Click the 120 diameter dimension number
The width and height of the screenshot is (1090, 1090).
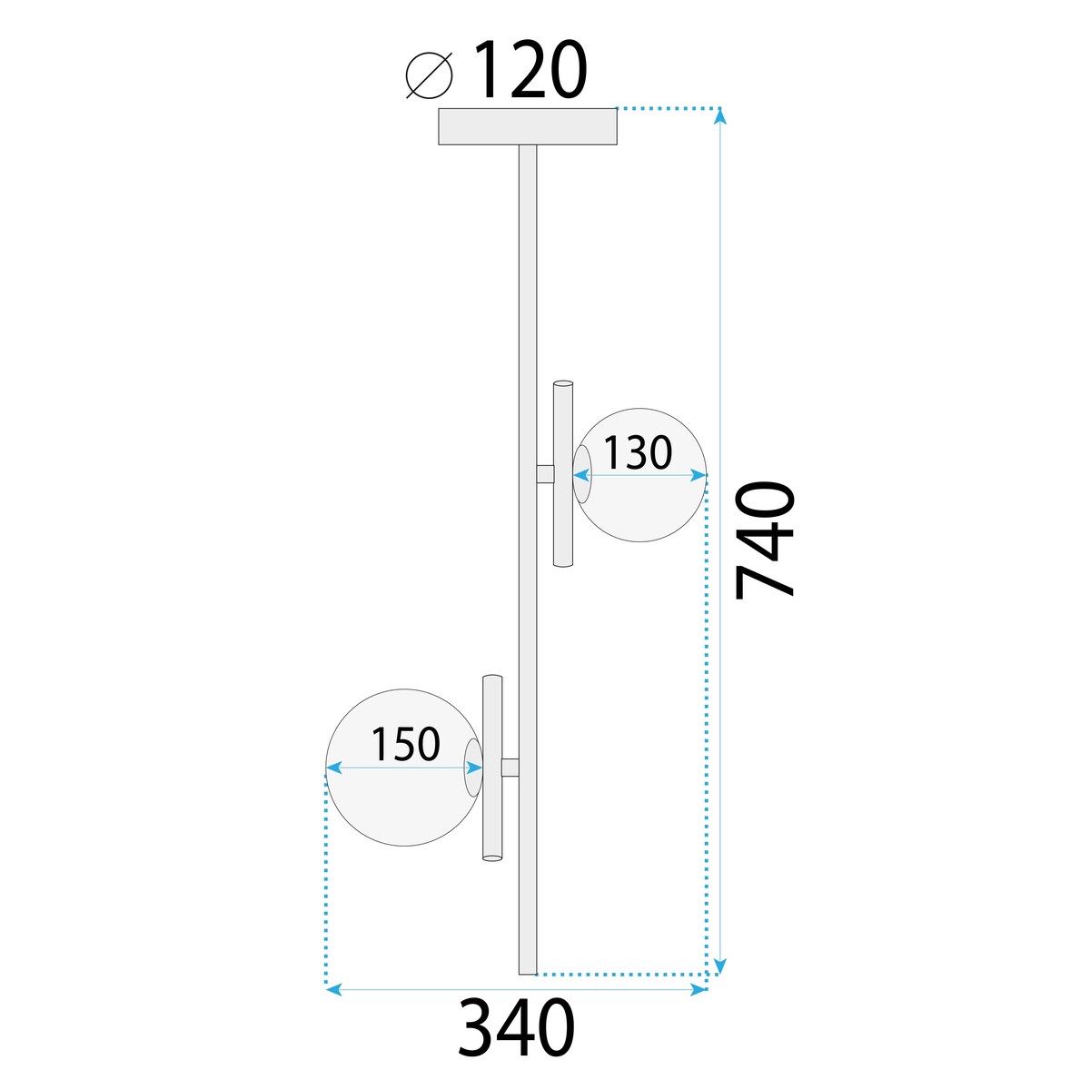(x=530, y=71)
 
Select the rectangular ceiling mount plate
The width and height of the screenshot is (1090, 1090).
(x=527, y=126)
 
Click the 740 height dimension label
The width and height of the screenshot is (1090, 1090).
(x=765, y=540)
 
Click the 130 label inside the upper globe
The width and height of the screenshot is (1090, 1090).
(x=638, y=452)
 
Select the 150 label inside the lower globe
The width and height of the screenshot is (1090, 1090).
(x=405, y=745)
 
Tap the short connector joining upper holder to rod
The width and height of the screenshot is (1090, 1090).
(x=545, y=474)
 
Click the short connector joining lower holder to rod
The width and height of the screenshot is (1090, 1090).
(x=510, y=768)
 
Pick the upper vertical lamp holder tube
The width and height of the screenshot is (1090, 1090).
(x=563, y=474)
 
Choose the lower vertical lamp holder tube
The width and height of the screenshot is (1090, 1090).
(x=491, y=768)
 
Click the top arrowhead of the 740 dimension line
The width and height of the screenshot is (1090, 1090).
(x=721, y=115)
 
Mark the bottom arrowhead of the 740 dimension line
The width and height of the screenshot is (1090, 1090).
(x=721, y=966)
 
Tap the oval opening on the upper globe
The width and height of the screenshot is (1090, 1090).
(x=581, y=474)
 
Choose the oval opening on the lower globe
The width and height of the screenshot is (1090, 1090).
(x=473, y=768)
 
